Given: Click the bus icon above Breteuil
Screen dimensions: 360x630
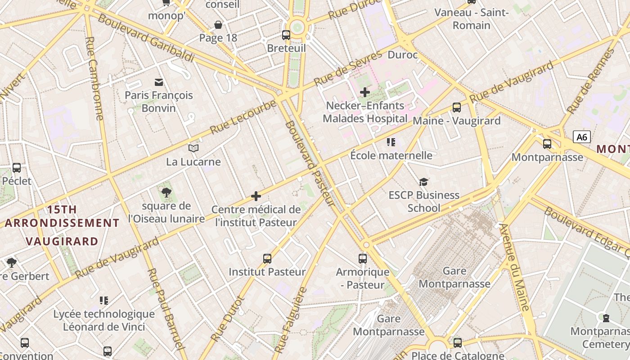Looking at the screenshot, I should (286, 35).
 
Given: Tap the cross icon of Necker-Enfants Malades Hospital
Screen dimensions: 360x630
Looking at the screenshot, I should (365, 92).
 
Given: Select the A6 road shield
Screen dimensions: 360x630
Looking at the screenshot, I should (582, 137).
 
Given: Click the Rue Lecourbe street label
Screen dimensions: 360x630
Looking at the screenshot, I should (243, 117).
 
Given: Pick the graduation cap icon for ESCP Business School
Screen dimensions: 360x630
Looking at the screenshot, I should (423, 182).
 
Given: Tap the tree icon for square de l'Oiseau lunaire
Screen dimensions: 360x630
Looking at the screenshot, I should (166, 193).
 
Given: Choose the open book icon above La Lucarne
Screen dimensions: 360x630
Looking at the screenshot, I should (193, 148).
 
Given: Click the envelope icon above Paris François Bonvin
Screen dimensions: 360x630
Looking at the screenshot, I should (159, 82).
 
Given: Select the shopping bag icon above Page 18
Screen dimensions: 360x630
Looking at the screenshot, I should (218, 24).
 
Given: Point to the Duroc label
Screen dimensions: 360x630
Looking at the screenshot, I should (403, 55).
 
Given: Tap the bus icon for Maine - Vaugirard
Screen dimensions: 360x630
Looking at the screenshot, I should (457, 108).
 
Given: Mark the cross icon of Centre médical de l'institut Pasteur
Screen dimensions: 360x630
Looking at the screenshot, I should (256, 196).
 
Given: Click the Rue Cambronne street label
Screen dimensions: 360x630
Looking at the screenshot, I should (94, 79).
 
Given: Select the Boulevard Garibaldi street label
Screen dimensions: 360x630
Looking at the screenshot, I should (146, 38).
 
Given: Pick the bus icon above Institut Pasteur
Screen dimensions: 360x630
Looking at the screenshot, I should (267, 259).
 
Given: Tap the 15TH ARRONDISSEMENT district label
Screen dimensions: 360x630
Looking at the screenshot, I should (62, 216).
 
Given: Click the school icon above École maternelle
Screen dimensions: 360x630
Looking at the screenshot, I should (391, 142).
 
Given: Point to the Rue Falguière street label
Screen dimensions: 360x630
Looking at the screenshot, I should (291, 319).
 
